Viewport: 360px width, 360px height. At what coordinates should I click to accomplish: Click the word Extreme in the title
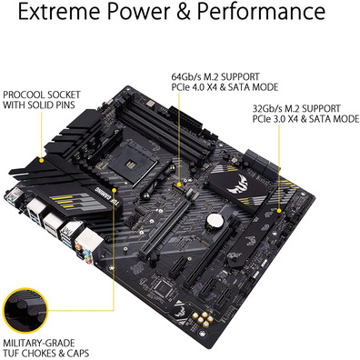click(60, 12)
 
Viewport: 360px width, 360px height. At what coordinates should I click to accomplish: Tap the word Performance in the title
click(261, 12)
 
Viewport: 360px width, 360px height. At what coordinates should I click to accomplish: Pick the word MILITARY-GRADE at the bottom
click(39, 343)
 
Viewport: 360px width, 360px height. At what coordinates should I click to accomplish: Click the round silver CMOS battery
click(215, 220)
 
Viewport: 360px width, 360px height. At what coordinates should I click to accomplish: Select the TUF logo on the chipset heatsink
click(237, 185)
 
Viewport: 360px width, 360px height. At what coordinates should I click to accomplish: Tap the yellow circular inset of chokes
click(25, 310)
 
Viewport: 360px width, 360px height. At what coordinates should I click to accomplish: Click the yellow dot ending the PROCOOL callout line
click(42, 159)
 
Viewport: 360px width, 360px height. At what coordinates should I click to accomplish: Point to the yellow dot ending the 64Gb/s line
click(179, 184)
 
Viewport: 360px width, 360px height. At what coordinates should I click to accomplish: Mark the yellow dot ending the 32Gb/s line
click(279, 210)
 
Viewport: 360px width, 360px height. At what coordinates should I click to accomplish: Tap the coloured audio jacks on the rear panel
click(83, 254)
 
